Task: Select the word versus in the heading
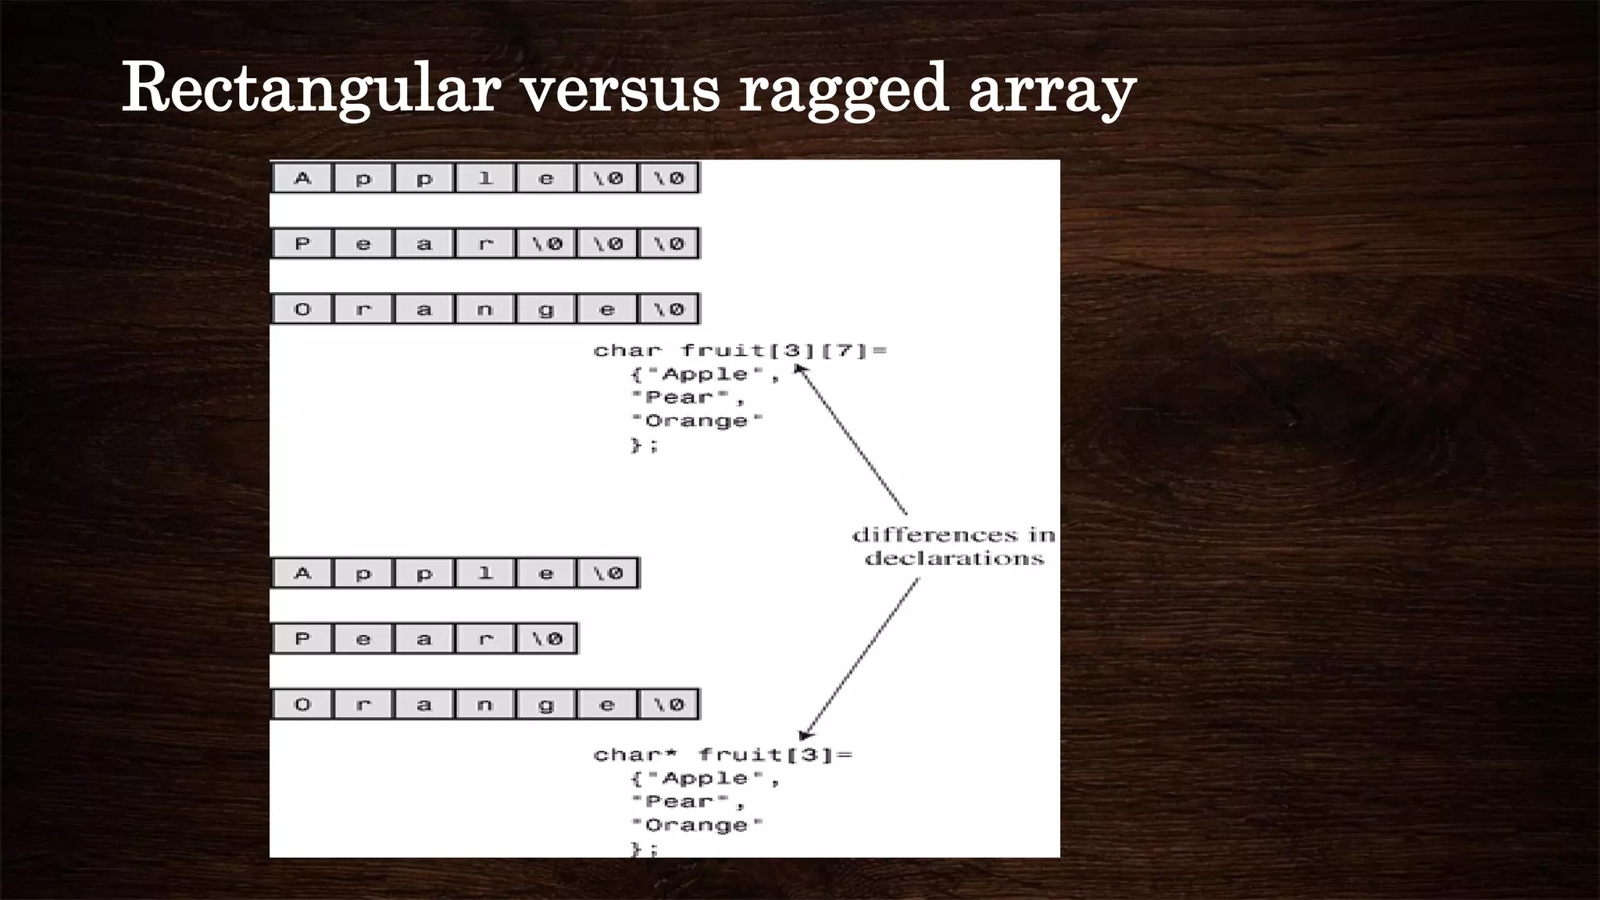tap(620, 89)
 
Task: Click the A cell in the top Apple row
tap(302, 178)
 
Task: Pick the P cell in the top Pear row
tap(302, 244)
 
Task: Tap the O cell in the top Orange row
tap(302, 309)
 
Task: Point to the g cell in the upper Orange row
tap(546, 309)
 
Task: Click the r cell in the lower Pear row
tap(485, 639)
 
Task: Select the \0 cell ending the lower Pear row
tap(547, 639)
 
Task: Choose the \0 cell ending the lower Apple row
tap(608, 573)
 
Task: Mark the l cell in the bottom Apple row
tap(485, 573)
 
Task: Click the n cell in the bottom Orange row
tap(485, 705)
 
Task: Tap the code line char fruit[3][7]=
tap(740, 351)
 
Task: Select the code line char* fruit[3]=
tap(723, 755)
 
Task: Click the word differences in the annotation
tap(934, 535)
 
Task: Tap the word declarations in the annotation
tap(954, 559)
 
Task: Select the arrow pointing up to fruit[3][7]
tap(852, 441)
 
